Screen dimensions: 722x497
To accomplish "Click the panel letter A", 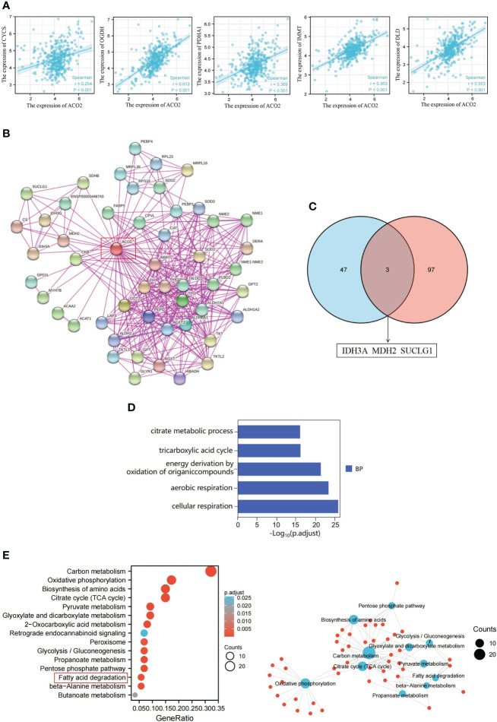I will pyautogui.click(x=7, y=7).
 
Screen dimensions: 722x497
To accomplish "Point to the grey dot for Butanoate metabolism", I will pyautogui.click(x=135, y=695).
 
